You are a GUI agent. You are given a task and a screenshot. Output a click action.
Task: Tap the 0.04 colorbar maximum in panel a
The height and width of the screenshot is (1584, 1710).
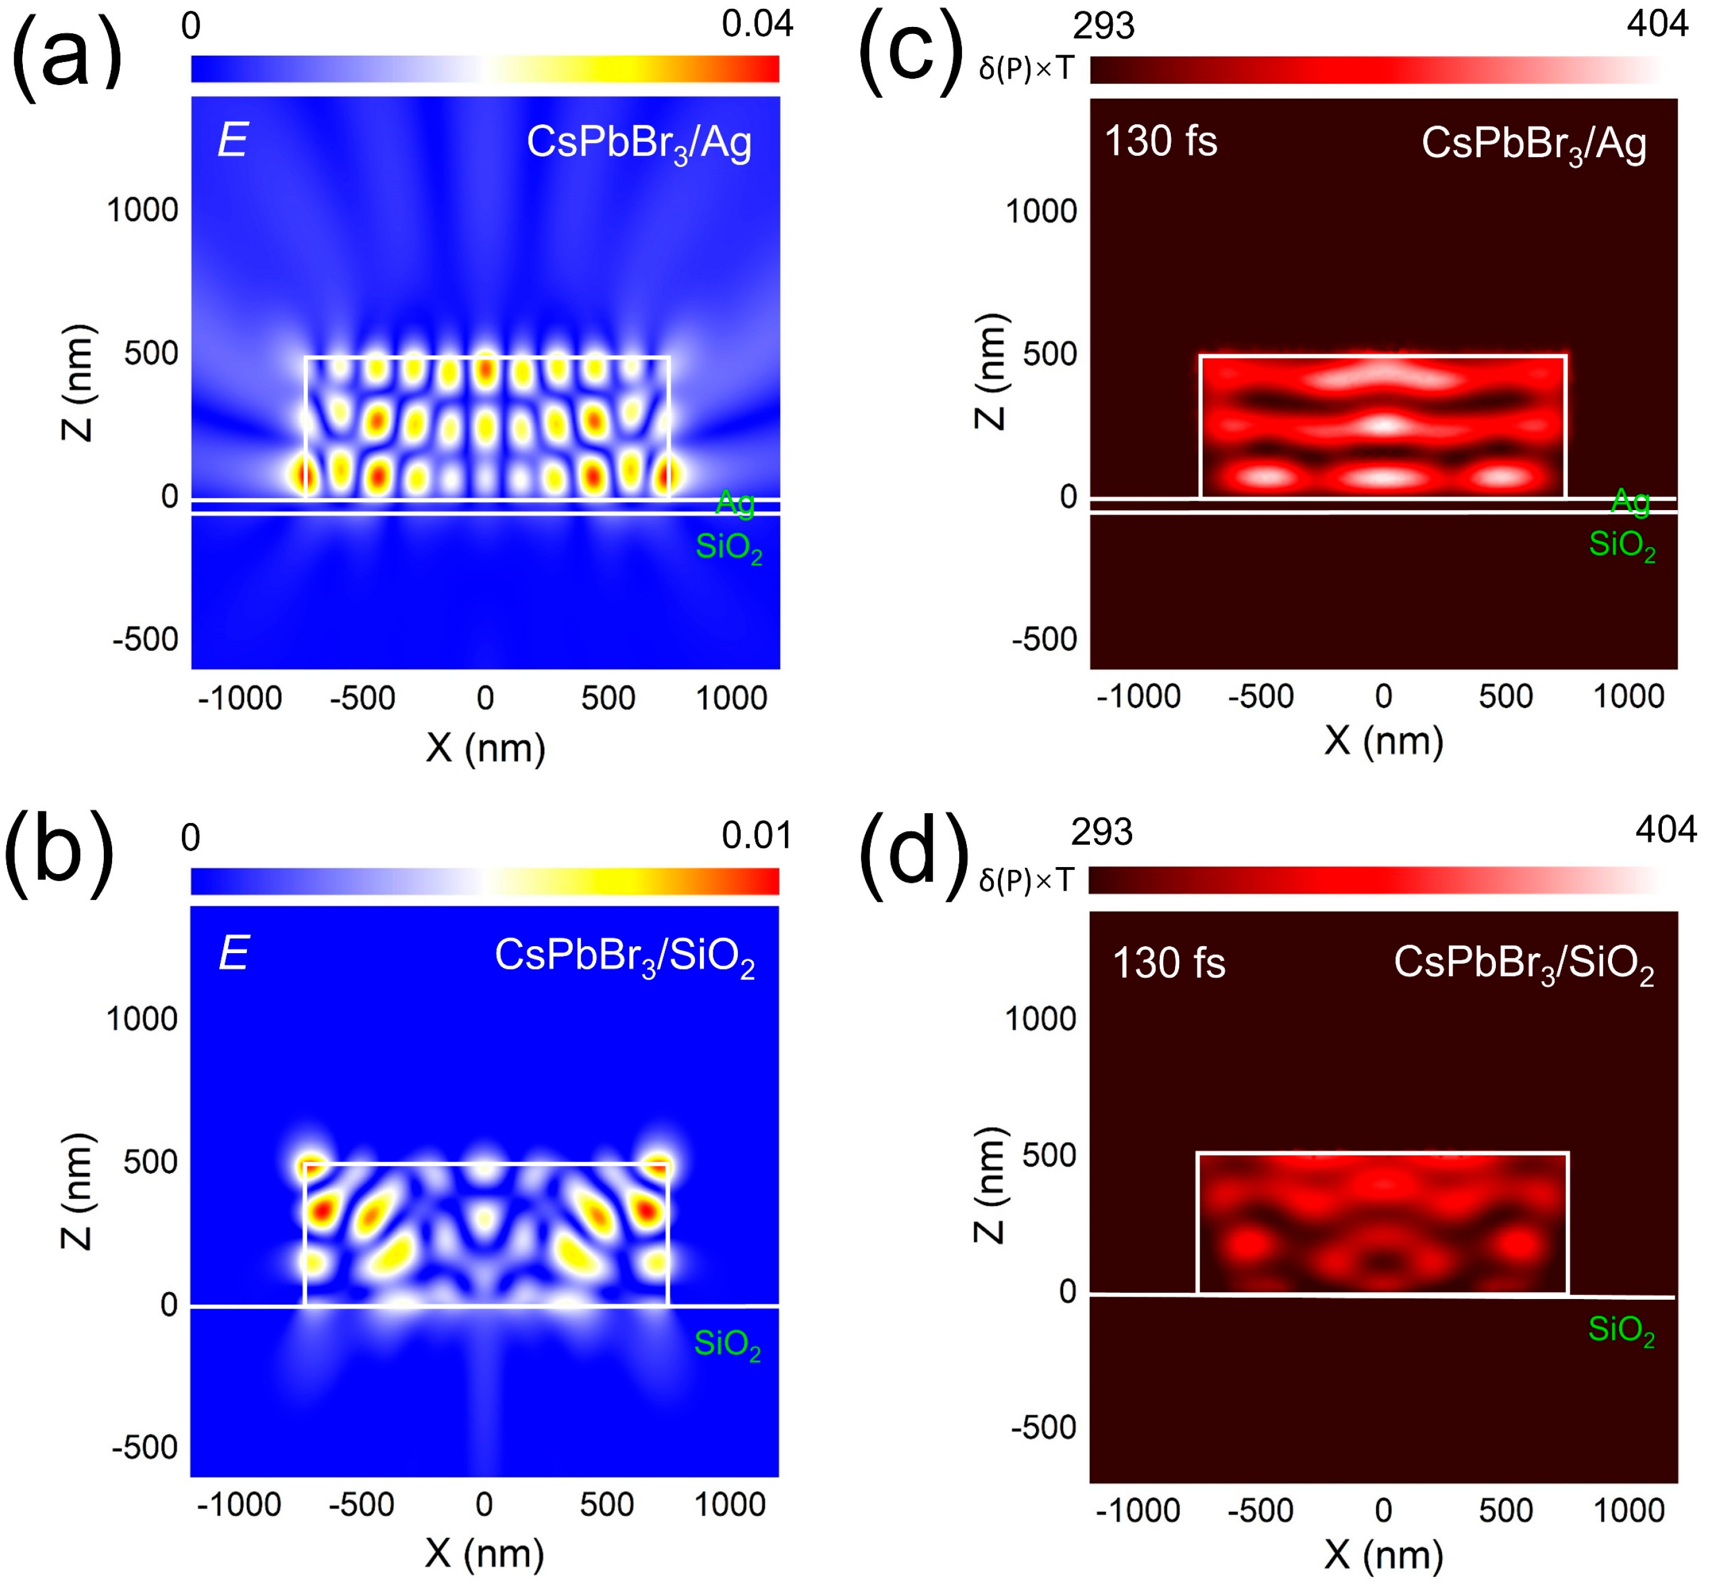tap(756, 24)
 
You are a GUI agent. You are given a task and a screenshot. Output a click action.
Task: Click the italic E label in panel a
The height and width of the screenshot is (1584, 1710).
tap(232, 140)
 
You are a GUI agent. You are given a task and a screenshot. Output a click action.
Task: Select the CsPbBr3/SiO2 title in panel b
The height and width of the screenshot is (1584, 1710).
tap(624, 956)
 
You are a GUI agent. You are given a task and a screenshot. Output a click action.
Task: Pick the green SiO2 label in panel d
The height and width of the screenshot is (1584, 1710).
tap(1621, 1330)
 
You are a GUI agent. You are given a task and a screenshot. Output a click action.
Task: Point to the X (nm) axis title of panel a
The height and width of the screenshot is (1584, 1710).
tap(485, 748)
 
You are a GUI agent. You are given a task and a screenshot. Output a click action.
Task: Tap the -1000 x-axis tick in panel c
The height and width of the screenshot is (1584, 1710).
tap(1138, 696)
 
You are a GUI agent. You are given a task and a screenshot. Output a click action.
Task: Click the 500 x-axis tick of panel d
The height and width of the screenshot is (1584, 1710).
tap(1505, 1510)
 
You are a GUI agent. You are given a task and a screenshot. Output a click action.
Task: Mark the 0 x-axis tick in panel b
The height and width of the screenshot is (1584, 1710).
tap(485, 1504)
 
